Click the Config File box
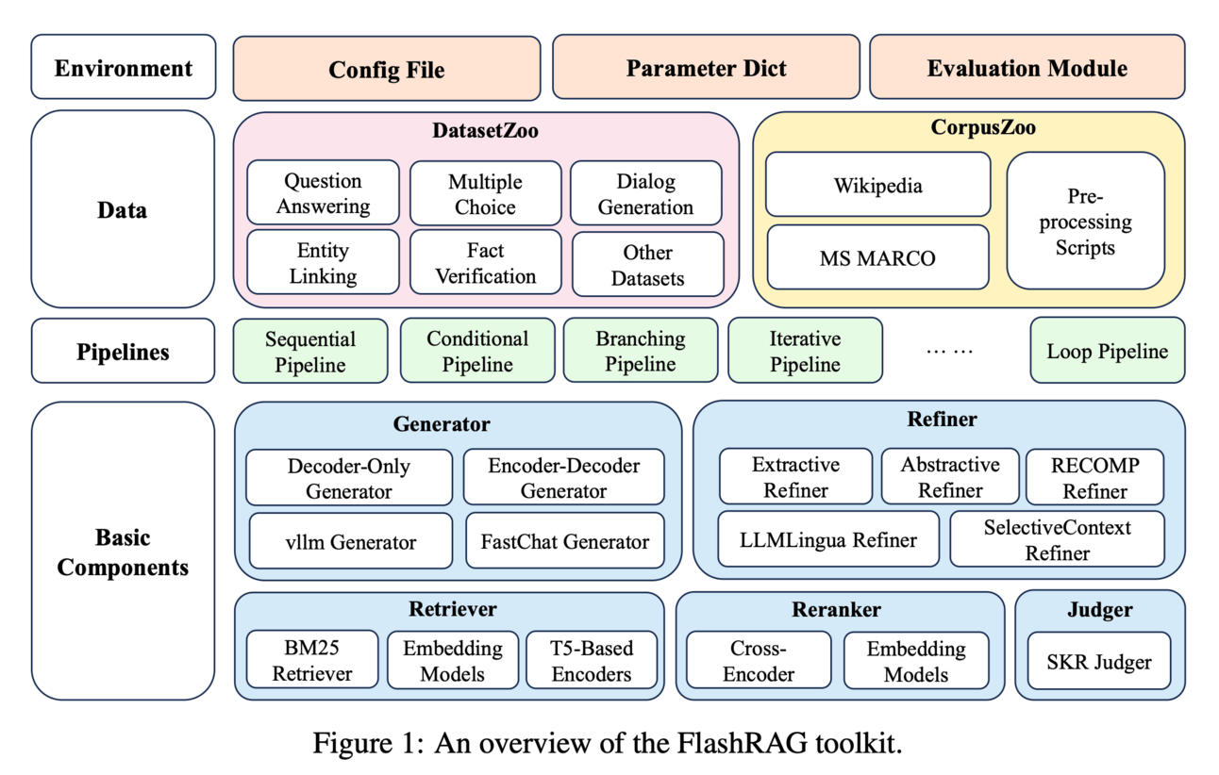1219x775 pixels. coord(387,69)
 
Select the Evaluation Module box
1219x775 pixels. coord(1027,68)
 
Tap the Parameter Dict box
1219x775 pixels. coord(706,68)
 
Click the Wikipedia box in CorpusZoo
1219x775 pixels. coord(877,186)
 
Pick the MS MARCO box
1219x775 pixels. coord(877,257)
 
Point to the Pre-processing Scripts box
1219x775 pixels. coord(1085,222)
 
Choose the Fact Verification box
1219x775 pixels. coord(486,264)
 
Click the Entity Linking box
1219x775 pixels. coord(323,264)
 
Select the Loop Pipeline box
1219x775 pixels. coord(1107,352)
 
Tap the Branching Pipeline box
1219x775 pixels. coord(641,351)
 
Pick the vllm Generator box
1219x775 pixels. coord(351,541)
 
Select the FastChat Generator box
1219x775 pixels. coord(564,541)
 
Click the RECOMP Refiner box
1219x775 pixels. coord(1094,477)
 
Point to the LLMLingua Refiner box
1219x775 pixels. coord(828,540)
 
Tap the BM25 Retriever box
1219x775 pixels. coord(312,661)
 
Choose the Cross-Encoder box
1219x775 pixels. coord(759,661)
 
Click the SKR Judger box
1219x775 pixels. coord(1099,662)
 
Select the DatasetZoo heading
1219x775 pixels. coord(485,131)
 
